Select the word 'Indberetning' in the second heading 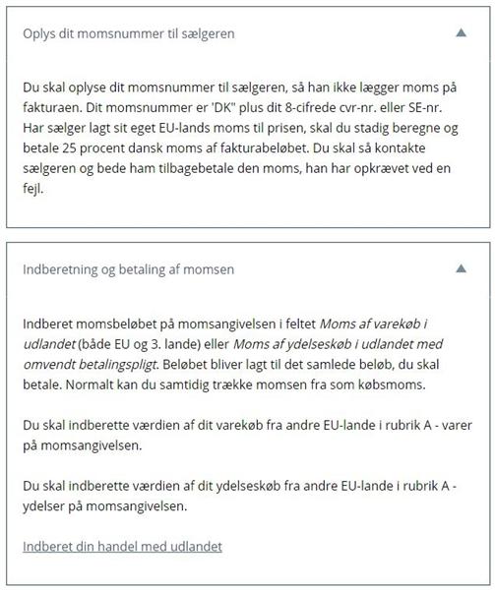62,268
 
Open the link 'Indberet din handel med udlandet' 122,546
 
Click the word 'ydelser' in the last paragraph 46,507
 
